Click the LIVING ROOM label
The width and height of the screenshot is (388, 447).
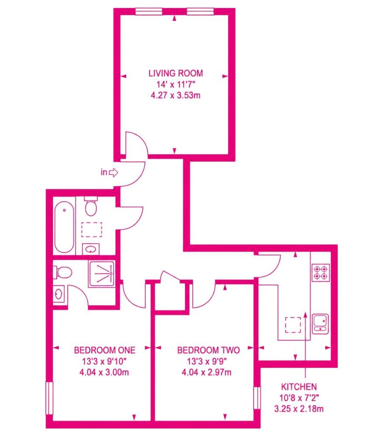point(175,73)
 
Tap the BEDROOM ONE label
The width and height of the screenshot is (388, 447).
point(105,350)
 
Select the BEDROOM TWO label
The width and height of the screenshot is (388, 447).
point(208,350)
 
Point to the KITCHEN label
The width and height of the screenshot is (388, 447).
point(299,387)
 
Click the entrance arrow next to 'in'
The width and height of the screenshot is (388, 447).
point(113,172)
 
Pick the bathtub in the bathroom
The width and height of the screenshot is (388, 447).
point(65,227)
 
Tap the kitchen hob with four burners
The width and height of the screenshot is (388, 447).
point(321,273)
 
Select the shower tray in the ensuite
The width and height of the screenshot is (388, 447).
point(102,274)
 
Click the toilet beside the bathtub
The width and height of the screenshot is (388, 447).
point(91,206)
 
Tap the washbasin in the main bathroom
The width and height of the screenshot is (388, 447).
point(91,249)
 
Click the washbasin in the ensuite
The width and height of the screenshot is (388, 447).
point(59,294)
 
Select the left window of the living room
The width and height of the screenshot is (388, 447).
point(148,11)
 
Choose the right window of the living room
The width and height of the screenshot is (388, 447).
point(200,11)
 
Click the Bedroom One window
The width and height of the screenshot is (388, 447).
point(50,398)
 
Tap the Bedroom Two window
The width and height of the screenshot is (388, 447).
point(257,398)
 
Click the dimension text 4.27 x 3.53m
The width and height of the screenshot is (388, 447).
point(175,95)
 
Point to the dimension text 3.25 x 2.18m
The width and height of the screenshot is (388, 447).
point(299,409)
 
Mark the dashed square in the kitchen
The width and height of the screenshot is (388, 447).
point(293,325)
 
